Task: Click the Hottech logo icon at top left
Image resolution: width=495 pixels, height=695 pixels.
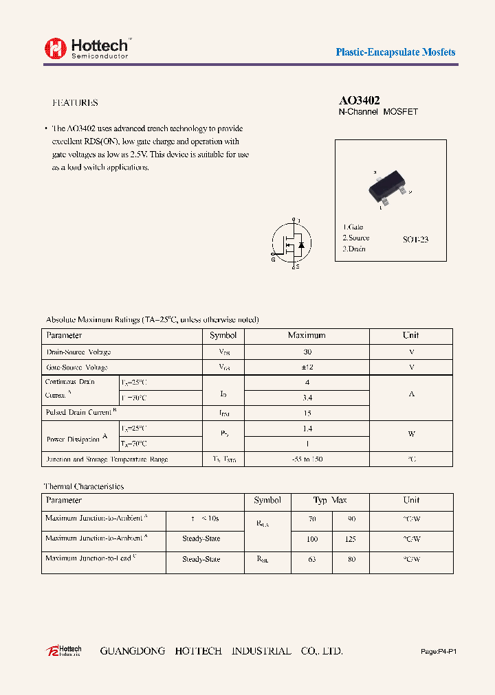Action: click(56, 47)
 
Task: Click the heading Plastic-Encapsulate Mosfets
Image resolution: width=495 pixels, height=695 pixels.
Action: click(395, 52)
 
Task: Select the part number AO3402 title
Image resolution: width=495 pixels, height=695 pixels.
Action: click(360, 100)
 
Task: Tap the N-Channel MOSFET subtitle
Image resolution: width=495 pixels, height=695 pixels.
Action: click(378, 112)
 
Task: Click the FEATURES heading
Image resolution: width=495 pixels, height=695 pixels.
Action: click(75, 103)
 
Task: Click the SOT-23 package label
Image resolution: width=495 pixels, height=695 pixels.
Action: click(415, 240)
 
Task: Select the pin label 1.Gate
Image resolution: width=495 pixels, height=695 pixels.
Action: click(353, 227)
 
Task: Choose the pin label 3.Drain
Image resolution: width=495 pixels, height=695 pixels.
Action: click(354, 249)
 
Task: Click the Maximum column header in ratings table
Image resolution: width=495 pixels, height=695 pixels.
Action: click(307, 336)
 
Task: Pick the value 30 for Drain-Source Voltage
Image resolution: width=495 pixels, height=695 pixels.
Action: click(307, 352)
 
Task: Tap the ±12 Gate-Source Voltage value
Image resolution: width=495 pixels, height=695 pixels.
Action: click(307, 367)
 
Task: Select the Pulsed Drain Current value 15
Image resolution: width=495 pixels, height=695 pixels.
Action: click(307, 413)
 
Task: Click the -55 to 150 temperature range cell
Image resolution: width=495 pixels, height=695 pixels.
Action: click(307, 459)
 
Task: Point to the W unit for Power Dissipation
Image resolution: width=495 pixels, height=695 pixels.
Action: click(411, 435)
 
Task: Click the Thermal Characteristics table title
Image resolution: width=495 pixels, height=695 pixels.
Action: click(84, 486)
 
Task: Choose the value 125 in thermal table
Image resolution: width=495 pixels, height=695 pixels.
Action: click(350, 540)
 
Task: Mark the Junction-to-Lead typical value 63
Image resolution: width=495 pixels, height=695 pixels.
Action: click(312, 560)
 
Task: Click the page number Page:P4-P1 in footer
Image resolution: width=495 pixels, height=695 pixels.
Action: click(438, 651)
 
